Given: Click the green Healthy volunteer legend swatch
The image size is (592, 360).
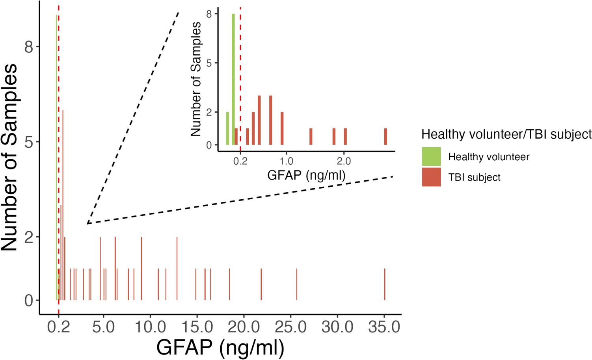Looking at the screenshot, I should pyautogui.click(x=431, y=156).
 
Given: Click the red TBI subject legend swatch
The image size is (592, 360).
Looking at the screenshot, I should pyautogui.click(x=431, y=177).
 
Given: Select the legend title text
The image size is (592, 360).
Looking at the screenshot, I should pyautogui.click(x=506, y=134).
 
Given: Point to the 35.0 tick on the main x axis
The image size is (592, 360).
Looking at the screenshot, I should pyautogui.click(x=384, y=327).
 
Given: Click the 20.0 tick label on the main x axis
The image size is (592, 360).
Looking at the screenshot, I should pyautogui.click(x=244, y=327).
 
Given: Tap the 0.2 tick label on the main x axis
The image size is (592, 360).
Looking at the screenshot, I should pyautogui.click(x=58, y=327).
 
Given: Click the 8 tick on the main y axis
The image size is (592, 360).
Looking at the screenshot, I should pyautogui.click(x=29, y=47).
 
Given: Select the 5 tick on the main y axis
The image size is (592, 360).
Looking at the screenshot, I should pyautogui.click(x=29, y=142).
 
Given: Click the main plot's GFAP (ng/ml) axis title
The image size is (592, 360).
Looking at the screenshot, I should pyautogui.click(x=220, y=347).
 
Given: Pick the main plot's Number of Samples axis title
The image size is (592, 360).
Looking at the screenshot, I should pyautogui.click(x=9, y=158).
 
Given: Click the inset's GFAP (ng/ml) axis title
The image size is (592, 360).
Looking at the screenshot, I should pyautogui.click(x=306, y=175).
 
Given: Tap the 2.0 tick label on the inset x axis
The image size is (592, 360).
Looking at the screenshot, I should pyautogui.click(x=344, y=161).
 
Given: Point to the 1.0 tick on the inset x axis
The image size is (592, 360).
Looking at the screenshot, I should pyautogui.click(x=287, y=161).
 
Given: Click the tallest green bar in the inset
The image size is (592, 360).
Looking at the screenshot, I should pyautogui.click(x=233, y=79).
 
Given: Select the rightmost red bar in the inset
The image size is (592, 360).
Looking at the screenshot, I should pyautogui.click(x=385, y=137).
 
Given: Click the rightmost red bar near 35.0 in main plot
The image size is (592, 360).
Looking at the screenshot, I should pyautogui.click(x=385, y=284).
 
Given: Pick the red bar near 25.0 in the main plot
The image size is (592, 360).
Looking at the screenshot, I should pyautogui.click(x=296, y=284).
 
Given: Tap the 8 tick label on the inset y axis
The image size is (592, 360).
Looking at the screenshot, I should pyautogui.click(x=209, y=14).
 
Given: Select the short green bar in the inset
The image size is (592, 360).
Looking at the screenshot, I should pyautogui.click(x=227, y=128).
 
